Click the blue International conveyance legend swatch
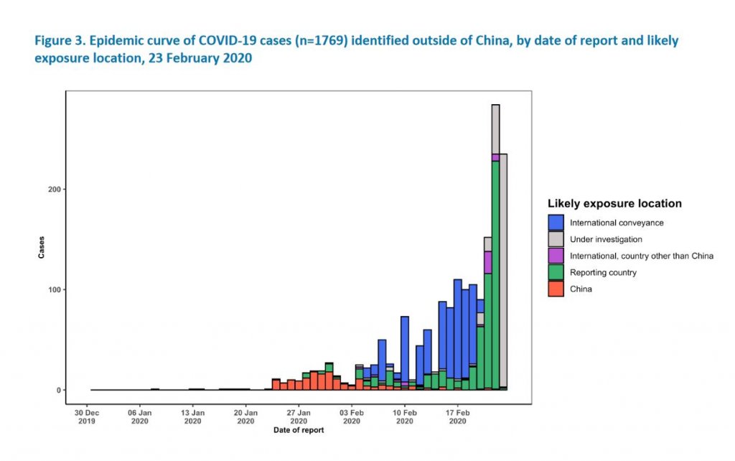556,223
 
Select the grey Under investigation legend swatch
556,239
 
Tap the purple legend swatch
556,256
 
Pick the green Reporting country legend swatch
556,272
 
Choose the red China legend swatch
556,289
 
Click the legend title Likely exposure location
614,204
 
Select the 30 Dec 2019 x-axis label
87,417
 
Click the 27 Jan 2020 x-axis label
299,417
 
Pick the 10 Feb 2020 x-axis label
405,417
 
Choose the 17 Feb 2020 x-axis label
458,417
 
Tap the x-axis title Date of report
298,430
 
